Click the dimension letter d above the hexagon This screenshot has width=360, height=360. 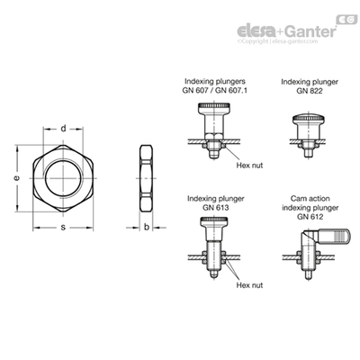coord(63,129)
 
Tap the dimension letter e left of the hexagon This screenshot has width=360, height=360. coord(17,178)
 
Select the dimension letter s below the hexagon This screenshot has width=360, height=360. coord(63,228)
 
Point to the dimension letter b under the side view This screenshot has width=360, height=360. coord(147,227)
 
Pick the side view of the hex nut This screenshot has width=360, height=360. coord(147,178)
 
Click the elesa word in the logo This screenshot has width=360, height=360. coord(256,31)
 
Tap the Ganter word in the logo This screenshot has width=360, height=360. coord(310,31)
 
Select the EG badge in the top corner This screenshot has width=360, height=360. coord(346,20)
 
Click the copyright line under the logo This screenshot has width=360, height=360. coord(277,41)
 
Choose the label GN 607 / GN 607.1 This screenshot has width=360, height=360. coord(215,90)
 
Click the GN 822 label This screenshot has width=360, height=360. coord(310,91)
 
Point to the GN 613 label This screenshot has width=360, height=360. coord(215,207)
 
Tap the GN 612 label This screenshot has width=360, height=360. coord(310,217)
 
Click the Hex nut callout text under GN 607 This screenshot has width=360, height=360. coord(249,165)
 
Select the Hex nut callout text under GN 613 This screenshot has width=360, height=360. coord(249,285)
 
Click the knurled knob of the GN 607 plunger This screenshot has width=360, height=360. coord(214,107)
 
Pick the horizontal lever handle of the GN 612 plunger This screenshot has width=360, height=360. coord(334,236)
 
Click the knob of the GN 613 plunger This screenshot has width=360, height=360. coord(214,222)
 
